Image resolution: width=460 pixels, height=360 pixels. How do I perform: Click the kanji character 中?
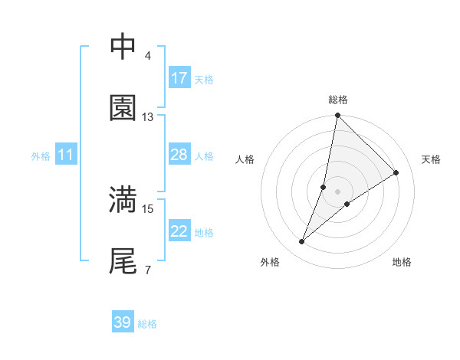click(123, 47)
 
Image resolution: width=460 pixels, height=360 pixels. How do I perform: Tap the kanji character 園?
click(123, 108)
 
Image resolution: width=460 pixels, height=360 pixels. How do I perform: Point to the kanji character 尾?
click(123, 260)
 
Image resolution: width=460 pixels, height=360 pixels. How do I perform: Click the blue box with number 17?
click(179, 78)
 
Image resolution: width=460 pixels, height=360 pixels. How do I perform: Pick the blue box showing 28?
click(179, 155)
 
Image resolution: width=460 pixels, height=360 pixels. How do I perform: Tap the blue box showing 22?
click(179, 231)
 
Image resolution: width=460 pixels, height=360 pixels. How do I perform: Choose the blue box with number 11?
click(66, 155)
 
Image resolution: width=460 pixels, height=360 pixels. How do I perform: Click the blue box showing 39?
click(123, 322)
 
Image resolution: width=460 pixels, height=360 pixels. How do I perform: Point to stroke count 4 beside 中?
click(147, 56)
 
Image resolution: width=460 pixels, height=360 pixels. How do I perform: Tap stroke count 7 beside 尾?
click(147, 270)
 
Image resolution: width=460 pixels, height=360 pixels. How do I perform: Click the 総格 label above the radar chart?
click(338, 100)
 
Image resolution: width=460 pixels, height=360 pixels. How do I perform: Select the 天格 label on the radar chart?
click(431, 159)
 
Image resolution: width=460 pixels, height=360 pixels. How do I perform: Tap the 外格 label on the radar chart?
click(270, 262)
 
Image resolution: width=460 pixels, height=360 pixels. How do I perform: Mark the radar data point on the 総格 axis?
click(338, 116)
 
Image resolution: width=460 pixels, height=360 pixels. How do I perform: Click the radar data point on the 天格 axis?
click(396, 172)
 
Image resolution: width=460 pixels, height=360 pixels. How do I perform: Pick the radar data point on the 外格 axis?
click(302, 242)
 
